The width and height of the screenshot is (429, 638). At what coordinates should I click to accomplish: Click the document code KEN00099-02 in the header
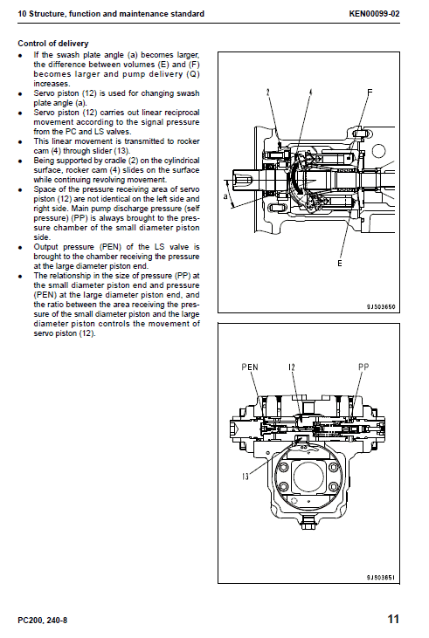[374, 15]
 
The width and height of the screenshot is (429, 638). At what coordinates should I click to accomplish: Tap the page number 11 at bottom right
[393, 620]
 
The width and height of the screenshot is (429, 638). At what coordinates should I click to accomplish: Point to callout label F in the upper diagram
[370, 93]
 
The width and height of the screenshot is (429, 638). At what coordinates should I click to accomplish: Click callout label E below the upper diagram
[341, 263]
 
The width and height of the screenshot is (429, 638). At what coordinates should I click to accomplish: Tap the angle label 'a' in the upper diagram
[225, 197]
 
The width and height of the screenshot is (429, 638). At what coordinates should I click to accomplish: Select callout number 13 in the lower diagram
[247, 477]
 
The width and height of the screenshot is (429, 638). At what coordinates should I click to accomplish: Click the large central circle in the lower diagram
[310, 479]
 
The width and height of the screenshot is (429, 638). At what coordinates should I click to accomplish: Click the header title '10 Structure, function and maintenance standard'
[111, 15]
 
